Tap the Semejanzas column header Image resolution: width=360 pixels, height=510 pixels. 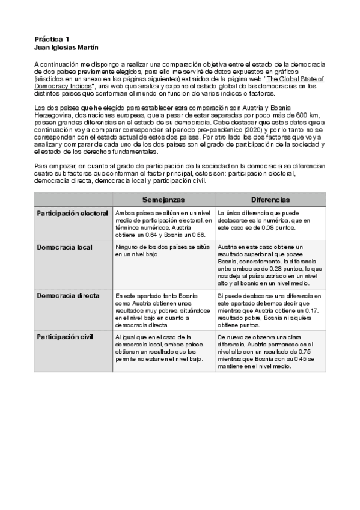(x=163, y=200)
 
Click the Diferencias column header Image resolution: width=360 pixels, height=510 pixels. (x=270, y=200)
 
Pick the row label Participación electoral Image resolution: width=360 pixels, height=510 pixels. (x=72, y=213)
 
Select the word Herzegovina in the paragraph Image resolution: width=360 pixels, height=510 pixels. (x=55, y=114)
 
